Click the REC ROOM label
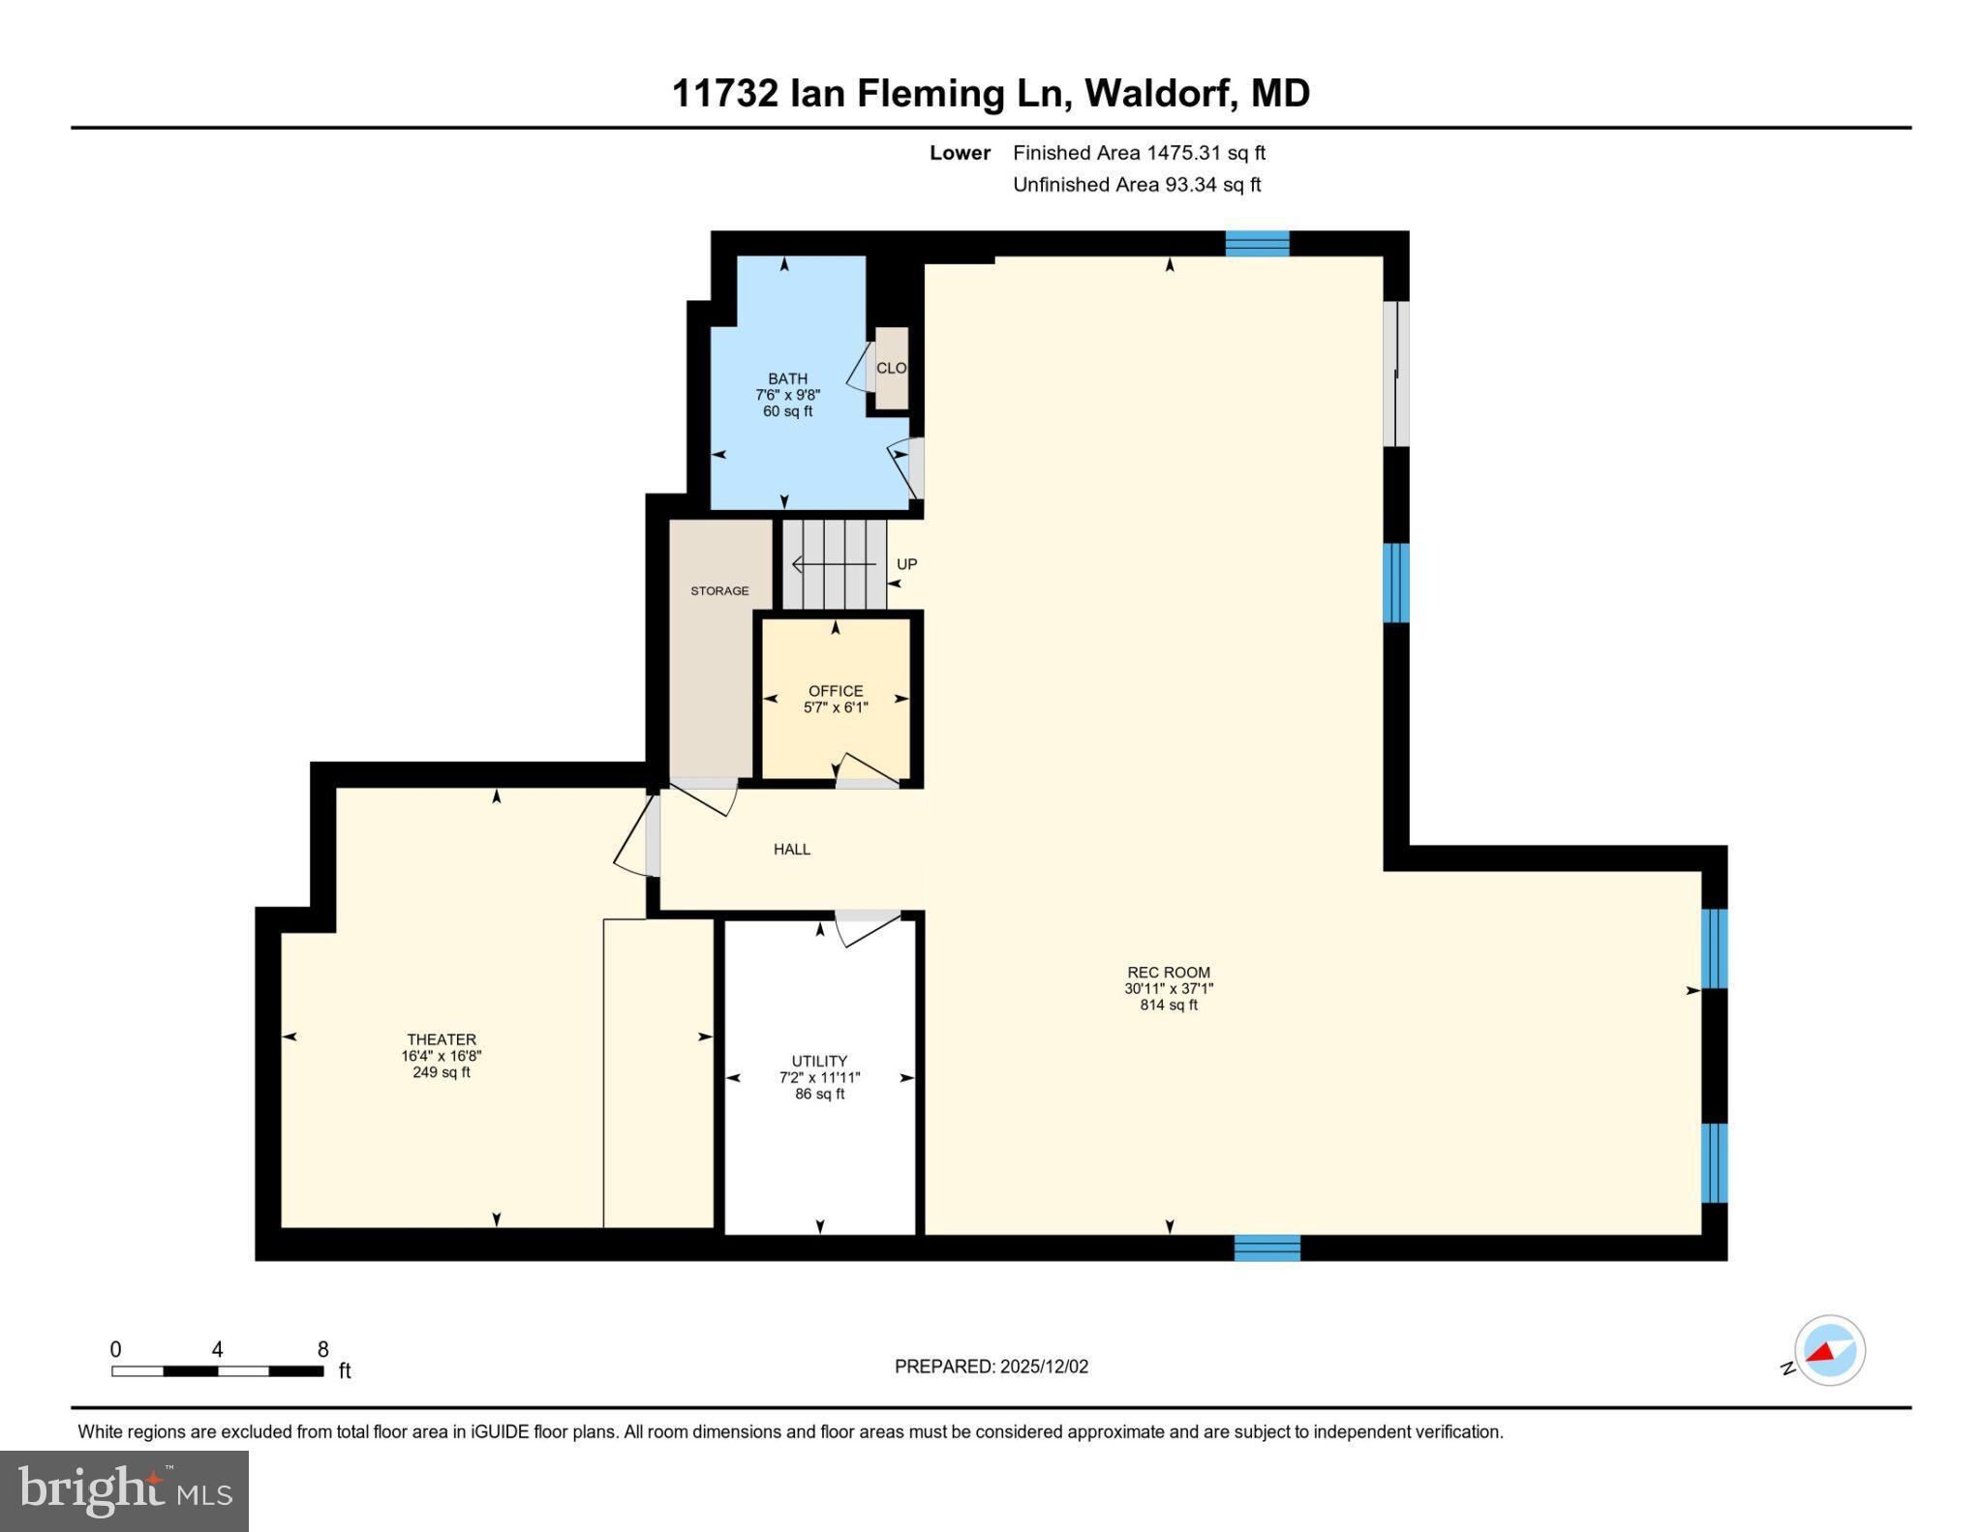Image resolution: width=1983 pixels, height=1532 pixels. (x=1168, y=973)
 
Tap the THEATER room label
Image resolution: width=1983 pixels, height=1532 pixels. (x=442, y=1039)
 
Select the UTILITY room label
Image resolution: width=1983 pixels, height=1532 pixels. (x=819, y=1061)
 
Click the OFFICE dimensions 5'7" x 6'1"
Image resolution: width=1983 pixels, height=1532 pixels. (x=836, y=707)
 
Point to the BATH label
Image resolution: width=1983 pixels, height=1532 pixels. (x=787, y=378)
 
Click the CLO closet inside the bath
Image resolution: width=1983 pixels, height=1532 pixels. (x=891, y=368)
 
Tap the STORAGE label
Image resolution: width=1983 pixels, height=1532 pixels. (x=719, y=590)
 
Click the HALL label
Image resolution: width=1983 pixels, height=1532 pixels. (x=791, y=849)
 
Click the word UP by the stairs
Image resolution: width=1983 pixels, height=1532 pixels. (x=906, y=564)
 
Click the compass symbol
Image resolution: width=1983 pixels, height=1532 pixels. (x=1829, y=1351)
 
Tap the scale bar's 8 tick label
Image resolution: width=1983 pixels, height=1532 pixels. (x=323, y=1349)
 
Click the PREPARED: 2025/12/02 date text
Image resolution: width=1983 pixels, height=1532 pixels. (x=991, y=1367)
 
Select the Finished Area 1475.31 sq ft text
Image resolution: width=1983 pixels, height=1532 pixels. (x=1139, y=153)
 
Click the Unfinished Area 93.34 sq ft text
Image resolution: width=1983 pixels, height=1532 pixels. (x=1137, y=185)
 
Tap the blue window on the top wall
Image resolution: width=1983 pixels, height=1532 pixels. (x=1257, y=243)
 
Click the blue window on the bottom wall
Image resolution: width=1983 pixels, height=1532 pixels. (x=1266, y=1248)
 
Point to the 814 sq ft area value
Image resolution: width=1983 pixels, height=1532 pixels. (x=1168, y=1006)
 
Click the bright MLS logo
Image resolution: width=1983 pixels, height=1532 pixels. (x=124, y=1489)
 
